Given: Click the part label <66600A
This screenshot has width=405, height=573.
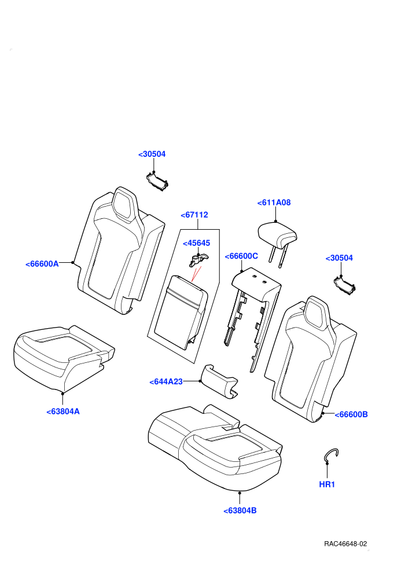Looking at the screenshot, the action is click(42, 264).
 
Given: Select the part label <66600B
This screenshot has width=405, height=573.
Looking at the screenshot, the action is click(351, 414).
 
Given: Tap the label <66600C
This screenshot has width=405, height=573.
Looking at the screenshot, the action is click(241, 256).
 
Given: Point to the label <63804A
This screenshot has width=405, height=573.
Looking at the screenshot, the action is click(63, 412).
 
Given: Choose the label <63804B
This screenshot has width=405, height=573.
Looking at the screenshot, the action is click(240, 510).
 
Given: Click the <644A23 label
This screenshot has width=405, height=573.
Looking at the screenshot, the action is click(166, 382).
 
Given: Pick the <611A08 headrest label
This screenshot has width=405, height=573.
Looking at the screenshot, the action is click(274, 203).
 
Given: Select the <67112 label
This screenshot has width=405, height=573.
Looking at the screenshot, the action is click(194, 215).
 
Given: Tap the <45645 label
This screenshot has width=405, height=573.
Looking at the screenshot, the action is click(197, 243).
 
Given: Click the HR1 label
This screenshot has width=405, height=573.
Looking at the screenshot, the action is click(327, 484).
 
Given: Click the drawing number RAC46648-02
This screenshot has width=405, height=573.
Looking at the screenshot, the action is click(345, 543).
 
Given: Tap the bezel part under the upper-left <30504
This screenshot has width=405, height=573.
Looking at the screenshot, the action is click(157, 182).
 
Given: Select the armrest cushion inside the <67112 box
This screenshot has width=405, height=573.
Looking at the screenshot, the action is click(181, 313).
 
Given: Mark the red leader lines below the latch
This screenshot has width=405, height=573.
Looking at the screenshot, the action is click(196, 274).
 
